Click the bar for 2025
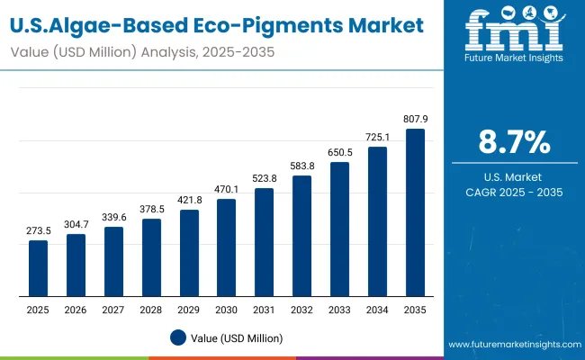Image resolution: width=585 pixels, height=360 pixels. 38,268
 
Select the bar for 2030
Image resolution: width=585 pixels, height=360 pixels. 226,247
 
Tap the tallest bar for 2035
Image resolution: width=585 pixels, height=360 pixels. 415,212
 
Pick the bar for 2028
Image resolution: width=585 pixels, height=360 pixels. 151,257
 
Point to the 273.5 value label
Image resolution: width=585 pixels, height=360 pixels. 38,230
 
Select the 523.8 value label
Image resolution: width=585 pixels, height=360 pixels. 264,178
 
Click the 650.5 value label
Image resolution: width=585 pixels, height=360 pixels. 339,152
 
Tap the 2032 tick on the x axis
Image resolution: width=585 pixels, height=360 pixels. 301,310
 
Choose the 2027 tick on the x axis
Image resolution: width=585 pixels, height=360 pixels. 113,310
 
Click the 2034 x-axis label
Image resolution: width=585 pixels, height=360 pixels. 377,310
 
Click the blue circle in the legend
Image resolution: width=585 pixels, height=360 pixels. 178,337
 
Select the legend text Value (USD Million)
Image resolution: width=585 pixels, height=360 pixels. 236,337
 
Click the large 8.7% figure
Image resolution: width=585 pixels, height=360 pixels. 513,142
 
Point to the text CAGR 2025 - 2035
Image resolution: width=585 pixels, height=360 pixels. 513,192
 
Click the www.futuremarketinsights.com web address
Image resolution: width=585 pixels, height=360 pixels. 511,345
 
